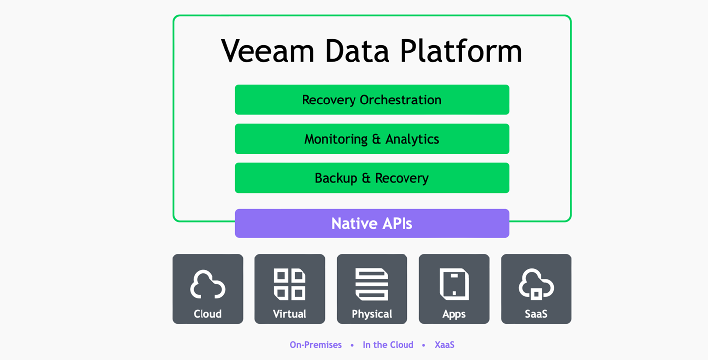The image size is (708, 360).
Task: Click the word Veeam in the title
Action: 268,51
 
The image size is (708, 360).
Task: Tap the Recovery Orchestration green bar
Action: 372,100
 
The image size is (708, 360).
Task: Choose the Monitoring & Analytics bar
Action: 372,139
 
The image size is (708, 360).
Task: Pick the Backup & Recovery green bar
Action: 372,178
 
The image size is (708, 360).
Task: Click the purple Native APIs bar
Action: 372,223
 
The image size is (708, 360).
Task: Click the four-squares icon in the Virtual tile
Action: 290,284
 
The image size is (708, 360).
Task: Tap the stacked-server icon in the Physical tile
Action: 372,284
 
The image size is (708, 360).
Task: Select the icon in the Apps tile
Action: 454,284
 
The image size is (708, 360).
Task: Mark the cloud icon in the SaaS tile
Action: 536,284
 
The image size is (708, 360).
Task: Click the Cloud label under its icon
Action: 207,314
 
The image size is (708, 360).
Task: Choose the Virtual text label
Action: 290,314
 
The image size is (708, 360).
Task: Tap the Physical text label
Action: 372,314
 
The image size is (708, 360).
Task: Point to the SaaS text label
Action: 536,314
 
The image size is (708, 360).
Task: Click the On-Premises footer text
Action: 315,345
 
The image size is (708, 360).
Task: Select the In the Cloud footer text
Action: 388,345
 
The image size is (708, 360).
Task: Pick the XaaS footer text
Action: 444,345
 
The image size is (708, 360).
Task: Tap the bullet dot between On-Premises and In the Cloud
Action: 352,345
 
